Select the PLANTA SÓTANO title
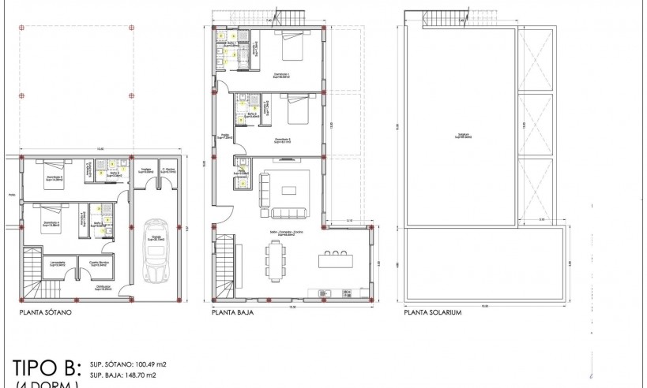[47, 312]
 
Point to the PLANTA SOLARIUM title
[432, 312]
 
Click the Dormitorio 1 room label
[281, 76]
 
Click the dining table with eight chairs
[276, 260]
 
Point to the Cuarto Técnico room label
[98, 263]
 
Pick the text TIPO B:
[47, 368]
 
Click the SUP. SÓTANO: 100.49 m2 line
[129, 364]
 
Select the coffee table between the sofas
[288, 188]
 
